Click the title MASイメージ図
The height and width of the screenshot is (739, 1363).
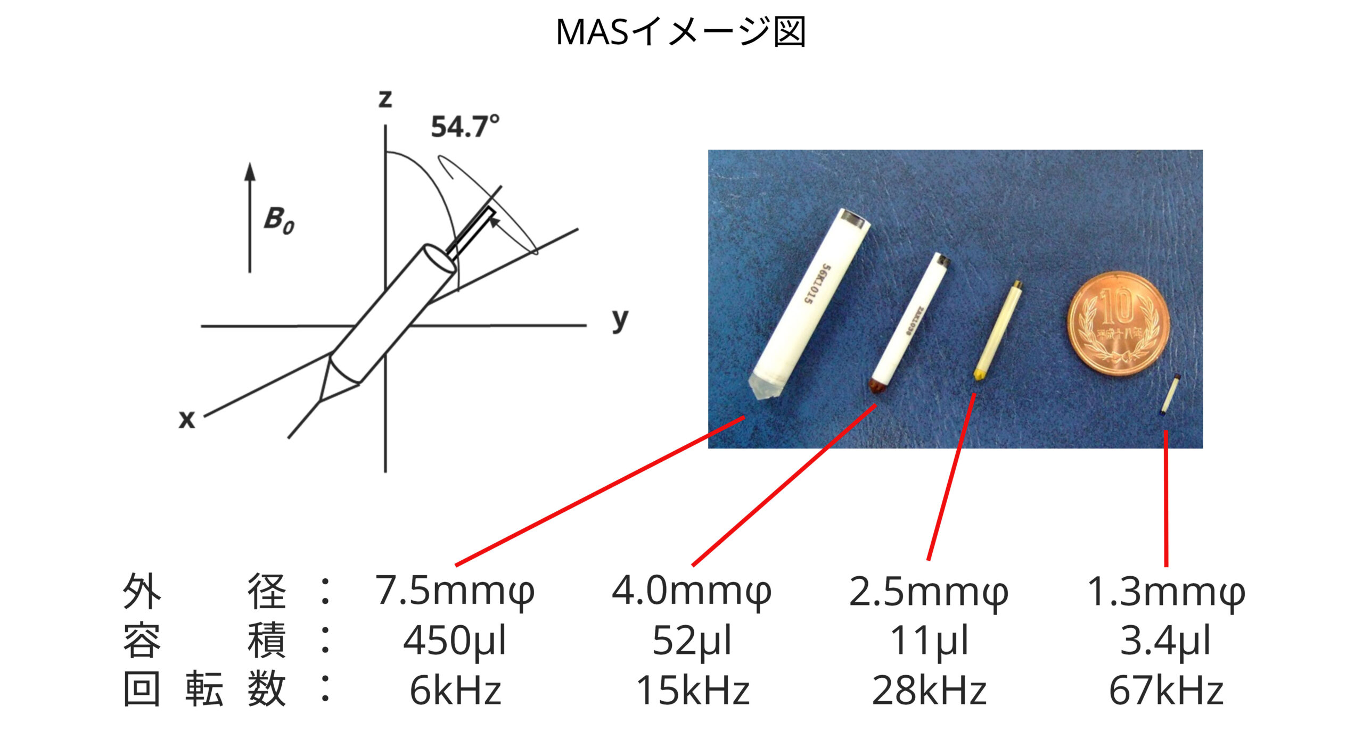coord(680,32)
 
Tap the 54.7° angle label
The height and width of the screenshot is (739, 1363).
coord(465,127)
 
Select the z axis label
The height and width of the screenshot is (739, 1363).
coord(385,98)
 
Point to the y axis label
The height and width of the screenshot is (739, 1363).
coord(620,320)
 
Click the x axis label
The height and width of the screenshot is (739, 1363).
coord(187,419)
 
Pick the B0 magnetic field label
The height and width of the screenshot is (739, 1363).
coord(278,220)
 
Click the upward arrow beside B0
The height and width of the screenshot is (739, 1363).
coord(250,218)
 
